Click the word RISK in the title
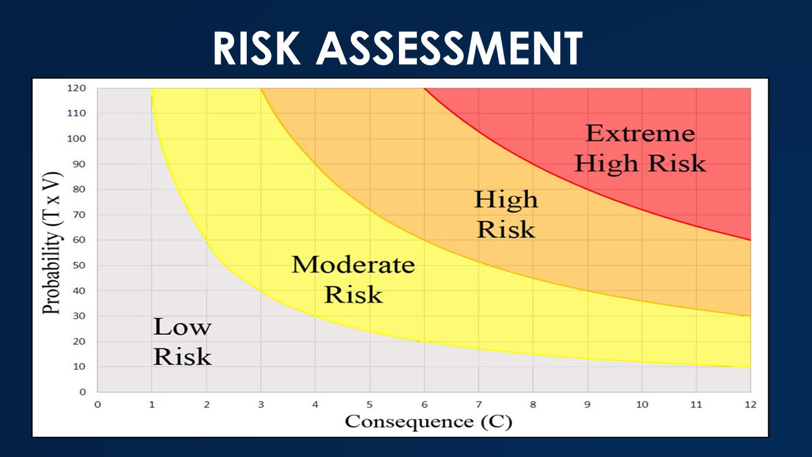click(257, 48)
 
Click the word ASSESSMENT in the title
click(450, 48)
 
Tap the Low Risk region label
click(182, 341)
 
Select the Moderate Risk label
click(353, 279)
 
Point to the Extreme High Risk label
click(641, 149)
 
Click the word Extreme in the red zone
click(641, 133)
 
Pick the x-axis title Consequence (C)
click(428, 421)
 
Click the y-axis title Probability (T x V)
click(51, 242)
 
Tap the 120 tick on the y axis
click(77, 88)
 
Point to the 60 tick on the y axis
click(79, 240)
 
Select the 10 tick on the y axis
click(79, 366)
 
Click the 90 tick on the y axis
click(79, 164)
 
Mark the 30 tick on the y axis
click(79, 315)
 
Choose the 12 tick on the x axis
click(750, 404)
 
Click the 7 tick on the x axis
click(478, 404)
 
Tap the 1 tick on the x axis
click(152, 404)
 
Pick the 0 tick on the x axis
click(98, 404)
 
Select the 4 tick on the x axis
click(315, 404)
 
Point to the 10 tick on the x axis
click(642, 404)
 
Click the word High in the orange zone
click(506, 200)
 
